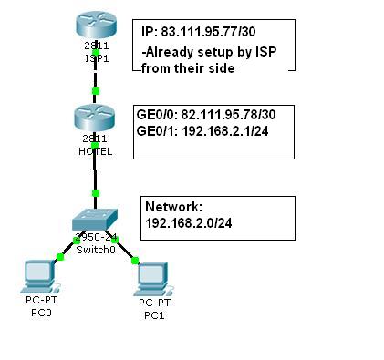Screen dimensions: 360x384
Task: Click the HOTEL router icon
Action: [95, 118]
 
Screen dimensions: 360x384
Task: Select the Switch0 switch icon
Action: [94, 218]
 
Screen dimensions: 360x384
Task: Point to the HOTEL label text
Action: [95, 151]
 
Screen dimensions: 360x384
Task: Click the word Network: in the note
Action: [171, 207]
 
